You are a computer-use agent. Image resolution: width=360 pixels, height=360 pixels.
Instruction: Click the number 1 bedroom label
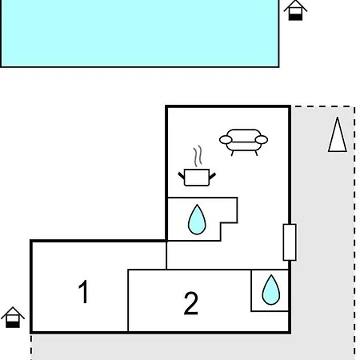[83, 291]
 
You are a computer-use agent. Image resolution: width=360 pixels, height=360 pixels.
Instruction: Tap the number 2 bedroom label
[191, 303]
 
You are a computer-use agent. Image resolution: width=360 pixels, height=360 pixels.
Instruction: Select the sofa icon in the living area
[243, 142]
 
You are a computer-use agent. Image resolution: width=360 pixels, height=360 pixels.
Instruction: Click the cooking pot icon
[197, 177]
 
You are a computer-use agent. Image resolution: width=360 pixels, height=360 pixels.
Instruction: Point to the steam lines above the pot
[198, 156]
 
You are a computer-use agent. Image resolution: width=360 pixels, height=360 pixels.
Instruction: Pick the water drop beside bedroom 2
[271, 290]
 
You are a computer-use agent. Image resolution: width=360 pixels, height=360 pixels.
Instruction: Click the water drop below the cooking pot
[197, 220]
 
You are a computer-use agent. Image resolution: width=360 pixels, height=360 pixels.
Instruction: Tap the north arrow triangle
[338, 134]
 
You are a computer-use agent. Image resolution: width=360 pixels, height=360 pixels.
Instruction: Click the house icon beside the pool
[295, 10]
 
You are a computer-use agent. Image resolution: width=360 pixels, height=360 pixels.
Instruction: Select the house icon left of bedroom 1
[13, 318]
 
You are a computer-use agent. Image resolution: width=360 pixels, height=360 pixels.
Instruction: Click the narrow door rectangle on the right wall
[290, 242]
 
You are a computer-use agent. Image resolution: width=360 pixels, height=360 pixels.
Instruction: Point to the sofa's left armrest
[226, 139]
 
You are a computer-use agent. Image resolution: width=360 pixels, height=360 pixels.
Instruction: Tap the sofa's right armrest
[262, 139]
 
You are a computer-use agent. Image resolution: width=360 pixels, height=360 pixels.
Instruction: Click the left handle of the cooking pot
[182, 176]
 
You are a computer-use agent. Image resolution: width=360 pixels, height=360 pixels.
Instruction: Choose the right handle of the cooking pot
[212, 176]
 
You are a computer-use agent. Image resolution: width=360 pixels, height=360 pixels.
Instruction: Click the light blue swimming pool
[139, 33]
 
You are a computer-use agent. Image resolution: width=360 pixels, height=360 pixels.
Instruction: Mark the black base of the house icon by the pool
[295, 17]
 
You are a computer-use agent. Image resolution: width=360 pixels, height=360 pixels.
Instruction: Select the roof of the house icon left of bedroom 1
[13, 313]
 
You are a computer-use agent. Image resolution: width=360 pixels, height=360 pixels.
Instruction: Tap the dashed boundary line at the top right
[324, 107]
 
